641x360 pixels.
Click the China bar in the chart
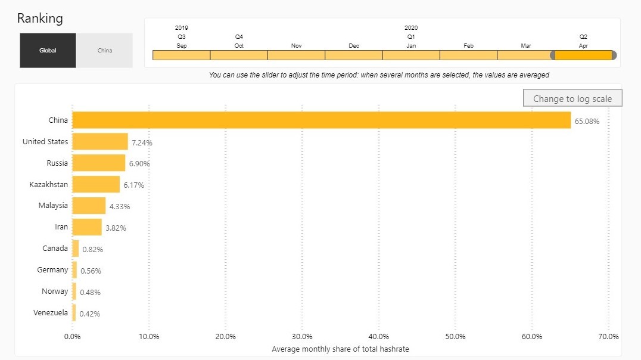pyautogui.click(x=321, y=120)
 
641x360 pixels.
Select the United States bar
pyautogui.click(x=100, y=142)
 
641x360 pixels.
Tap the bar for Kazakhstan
pyautogui.click(x=96, y=184)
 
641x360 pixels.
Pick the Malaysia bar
pyautogui.click(x=89, y=206)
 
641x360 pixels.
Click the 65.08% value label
pyautogui.click(x=587, y=122)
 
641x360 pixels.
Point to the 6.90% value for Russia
pyautogui.click(x=139, y=163)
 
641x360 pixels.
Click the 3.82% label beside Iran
pyautogui.click(x=116, y=228)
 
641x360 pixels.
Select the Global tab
pyautogui.click(x=48, y=51)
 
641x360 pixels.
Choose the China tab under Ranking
pyautogui.click(x=104, y=51)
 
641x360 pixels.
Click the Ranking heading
pyautogui.click(x=40, y=18)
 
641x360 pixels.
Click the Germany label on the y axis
pyautogui.click(x=52, y=270)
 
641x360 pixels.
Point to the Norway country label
pyautogui.click(x=55, y=291)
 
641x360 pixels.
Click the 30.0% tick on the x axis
pyautogui.click(x=302, y=336)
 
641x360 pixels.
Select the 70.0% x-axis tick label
pyautogui.click(x=608, y=336)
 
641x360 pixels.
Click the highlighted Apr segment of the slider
pyautogui.click(x=583, y=55)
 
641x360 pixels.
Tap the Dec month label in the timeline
pyautogui.click(x=354, y=46)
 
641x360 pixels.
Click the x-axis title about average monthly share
pyautogui.click(x=340, y=349)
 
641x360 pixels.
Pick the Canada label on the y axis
pyautogui.click(x=55, y=248)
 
